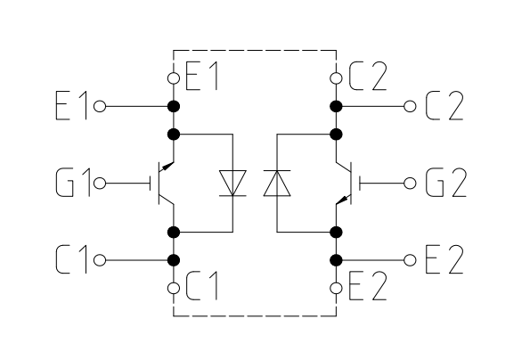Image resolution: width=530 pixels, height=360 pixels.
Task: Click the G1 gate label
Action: pyautogui.click(x=73, y=183)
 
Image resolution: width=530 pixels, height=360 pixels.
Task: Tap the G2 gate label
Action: pyautogui.click(x=446, y=183)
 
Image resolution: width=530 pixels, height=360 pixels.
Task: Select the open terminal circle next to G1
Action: pyautogui.click(x=100, y=184)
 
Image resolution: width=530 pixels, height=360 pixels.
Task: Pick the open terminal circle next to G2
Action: pyautogui.click(x=410, y=184)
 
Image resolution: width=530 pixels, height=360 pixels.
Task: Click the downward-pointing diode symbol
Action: pyautogui.click(x=232, y=183)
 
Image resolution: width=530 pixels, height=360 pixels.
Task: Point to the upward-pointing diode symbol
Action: pyautogui.click(x=277, y=183)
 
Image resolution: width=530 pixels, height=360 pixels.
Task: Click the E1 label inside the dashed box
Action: pyautogui.click(x=201, y=78)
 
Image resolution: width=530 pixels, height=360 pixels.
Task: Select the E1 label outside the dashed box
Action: pyautogui.click(x=71, y=105)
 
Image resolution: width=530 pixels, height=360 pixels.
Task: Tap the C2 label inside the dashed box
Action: pyautogui.click(x=367, y=78)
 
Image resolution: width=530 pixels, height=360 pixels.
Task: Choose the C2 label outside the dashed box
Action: pyautogui.click(x=444, y=105)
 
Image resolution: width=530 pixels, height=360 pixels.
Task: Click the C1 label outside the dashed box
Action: pyautogui.click(x=71, y=259)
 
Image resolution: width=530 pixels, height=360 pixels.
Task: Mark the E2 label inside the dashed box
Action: pyautogui.click(x=367, y=287)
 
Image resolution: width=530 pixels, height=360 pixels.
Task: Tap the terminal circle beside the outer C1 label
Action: pyautogui.click(x=100, y=260)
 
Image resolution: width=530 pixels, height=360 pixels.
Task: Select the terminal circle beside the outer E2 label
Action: pyautogui.click(x=410, y=260)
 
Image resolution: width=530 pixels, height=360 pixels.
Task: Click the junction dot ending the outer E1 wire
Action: pyautogui.click(x=174, y=106)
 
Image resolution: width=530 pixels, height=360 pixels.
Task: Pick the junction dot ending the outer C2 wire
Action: pyautogui.click(x=336, y=106)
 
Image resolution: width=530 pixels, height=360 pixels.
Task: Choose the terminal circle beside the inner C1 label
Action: pyautogui.click(x=174, y=289)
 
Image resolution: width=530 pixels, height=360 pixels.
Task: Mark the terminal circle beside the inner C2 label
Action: pyautogui.click(x=336, y=78)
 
